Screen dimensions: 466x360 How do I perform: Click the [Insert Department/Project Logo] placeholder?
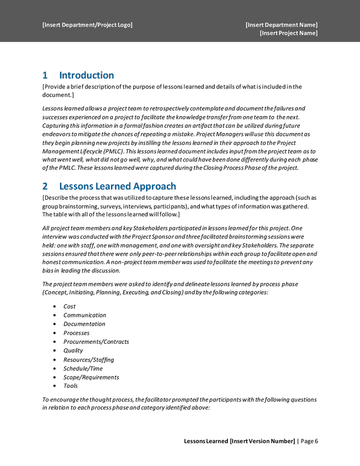tap(87, 25)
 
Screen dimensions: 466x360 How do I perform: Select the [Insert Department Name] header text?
tap(281, 25)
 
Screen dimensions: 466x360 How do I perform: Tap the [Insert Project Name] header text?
tap(289, 33)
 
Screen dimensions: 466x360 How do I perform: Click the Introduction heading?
tap(87, 76)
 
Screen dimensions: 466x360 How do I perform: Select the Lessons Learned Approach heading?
tap(118, 186)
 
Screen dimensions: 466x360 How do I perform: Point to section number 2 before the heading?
tap(45, 186)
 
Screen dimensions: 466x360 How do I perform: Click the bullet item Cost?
tap(69, 307)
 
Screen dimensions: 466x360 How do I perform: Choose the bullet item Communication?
tap(84, 315)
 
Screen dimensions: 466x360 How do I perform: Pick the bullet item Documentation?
tap(84, 324)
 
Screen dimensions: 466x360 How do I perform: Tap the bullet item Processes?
tap(76, 333)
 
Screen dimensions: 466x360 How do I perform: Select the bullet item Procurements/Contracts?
tap(96, 342)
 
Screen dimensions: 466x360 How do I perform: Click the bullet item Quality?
tap(73, 351)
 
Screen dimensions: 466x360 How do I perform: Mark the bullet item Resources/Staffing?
tap(89, 360)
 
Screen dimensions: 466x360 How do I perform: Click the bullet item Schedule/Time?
tap(83, 369)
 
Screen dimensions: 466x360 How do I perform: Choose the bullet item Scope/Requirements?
tap(91, 377)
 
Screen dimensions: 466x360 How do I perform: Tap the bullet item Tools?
tap(70, 386)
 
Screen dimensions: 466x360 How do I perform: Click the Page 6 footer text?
tap(309, 441)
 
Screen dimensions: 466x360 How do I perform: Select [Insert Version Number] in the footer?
tap(262, 441)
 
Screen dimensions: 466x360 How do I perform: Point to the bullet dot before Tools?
tap(55, 386)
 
